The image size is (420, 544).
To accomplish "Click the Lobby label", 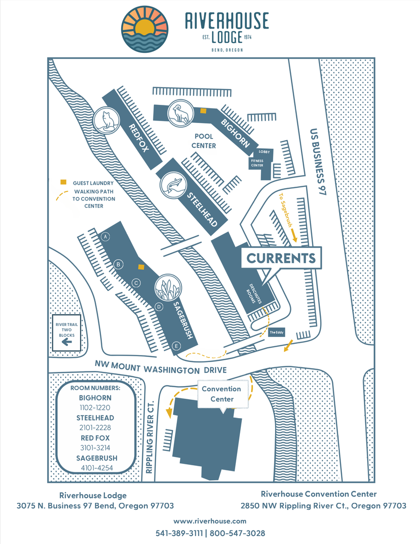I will coord(264,152).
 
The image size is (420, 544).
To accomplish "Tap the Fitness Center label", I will coord(257,163).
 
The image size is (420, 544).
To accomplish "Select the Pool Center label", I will coord(203,141).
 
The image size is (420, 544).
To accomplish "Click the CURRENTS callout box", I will coord(281,258).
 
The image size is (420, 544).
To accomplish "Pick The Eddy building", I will coord(275,333).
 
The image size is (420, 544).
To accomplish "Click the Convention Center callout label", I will coord(221,394).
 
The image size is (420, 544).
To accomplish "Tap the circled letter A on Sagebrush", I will coord(106,236).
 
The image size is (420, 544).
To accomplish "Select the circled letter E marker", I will coord(176,346).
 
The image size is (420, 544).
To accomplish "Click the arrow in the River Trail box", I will coord(67,342).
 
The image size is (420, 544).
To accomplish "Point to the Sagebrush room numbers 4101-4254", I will coord(96,468).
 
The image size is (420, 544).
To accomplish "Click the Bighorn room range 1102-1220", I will coord(96,407).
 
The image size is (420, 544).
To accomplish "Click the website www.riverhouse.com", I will coord(210,521).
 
